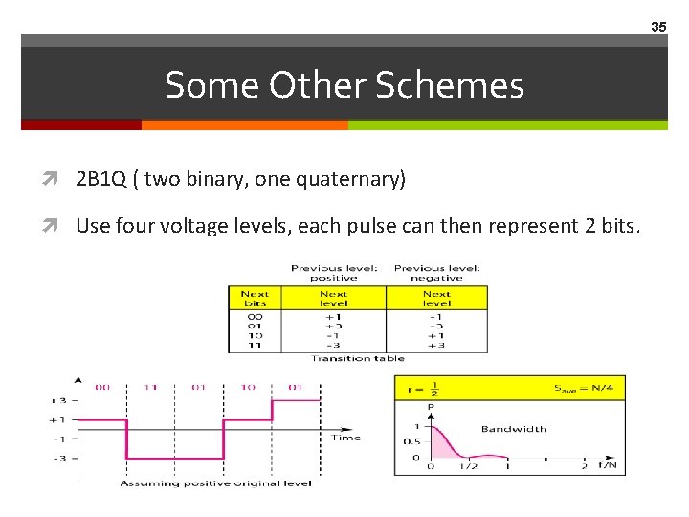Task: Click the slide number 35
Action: [x=658, y=27]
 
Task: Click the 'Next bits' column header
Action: [x=255, y=298]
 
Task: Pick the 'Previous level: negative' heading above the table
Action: [x=436, y=272]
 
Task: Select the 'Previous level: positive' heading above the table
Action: [x=334, y=272]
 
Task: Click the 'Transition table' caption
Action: [x=358, y=358]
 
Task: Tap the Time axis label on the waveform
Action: [x=345, y=438]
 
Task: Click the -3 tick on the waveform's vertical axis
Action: [x=59, y=459]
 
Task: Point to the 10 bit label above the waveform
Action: [x=247, y=388]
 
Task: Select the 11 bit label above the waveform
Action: [x=151, y=388]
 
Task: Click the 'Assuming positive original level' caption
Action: [x=215, y=483]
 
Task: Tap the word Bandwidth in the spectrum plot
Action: [x=513, y=429]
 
